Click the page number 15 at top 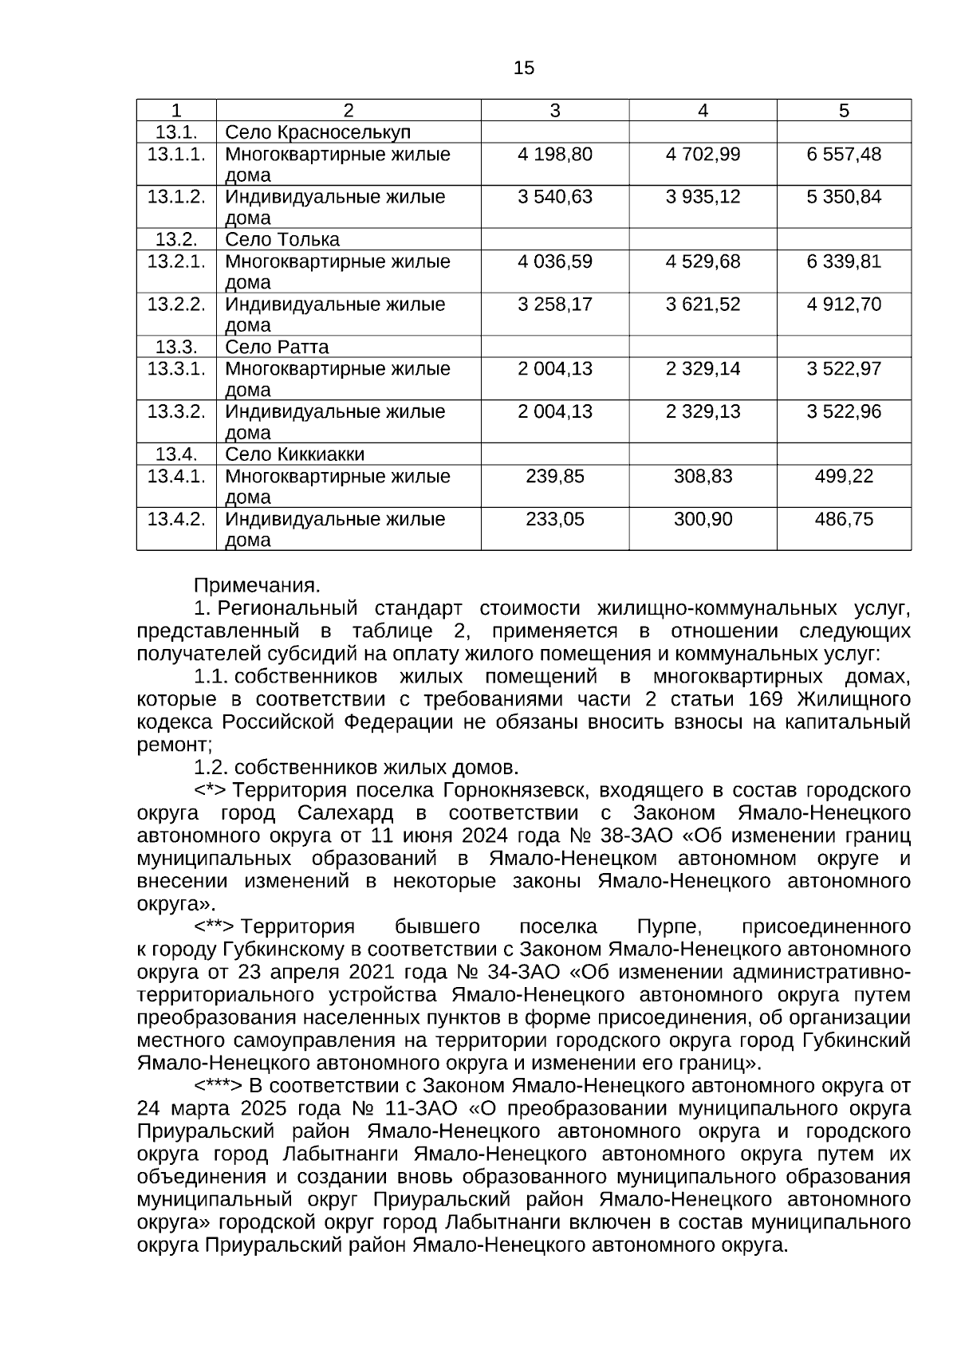(524, 69)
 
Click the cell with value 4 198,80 (555, 155)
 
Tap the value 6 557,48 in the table (844, 155)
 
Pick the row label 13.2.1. (176, 262)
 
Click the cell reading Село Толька (282, 240)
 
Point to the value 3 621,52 (703, 305)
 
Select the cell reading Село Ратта (277, 348)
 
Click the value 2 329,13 (703, 412)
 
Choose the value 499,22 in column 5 (844, 477)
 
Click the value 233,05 (555, 520)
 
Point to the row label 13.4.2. (176, 520)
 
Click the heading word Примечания (257, 586)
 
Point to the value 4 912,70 (844, 305)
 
